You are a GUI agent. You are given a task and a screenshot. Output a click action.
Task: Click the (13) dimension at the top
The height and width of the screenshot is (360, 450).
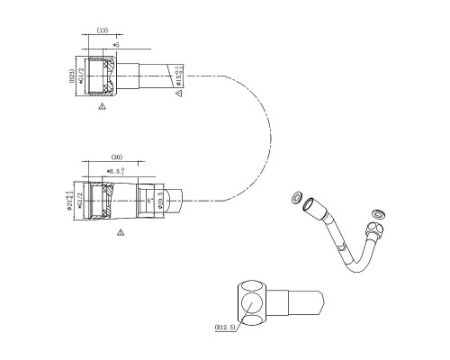[x=103, y=30]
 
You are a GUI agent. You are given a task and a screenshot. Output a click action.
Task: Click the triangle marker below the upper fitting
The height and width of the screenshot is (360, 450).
[x=102, y=106]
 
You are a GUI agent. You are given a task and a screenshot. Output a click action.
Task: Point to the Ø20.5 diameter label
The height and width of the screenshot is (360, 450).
[x=162, y=199]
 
